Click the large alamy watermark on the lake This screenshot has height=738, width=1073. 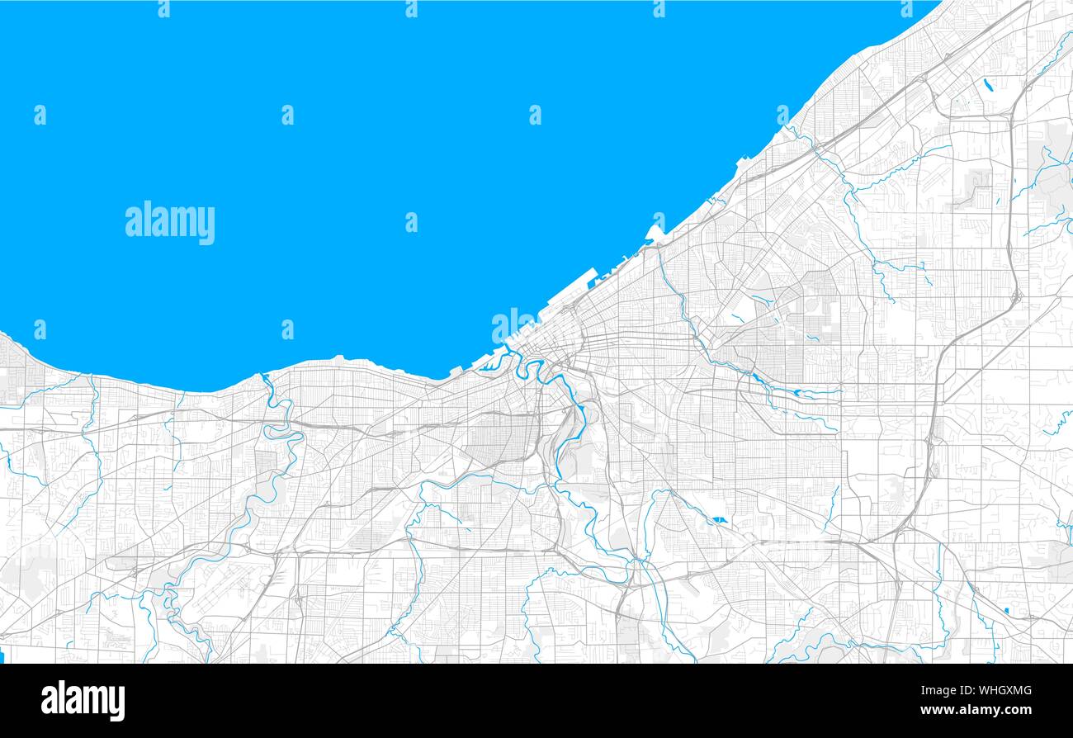coord(170,223)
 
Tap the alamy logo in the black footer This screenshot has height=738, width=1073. coord(83,700)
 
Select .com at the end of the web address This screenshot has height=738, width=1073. coord(1017,710)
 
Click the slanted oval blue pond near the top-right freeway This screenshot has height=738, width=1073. coord(987,84)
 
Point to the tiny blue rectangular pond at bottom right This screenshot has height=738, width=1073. coord(1006,610)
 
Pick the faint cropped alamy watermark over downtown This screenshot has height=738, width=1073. coord(513,324)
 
